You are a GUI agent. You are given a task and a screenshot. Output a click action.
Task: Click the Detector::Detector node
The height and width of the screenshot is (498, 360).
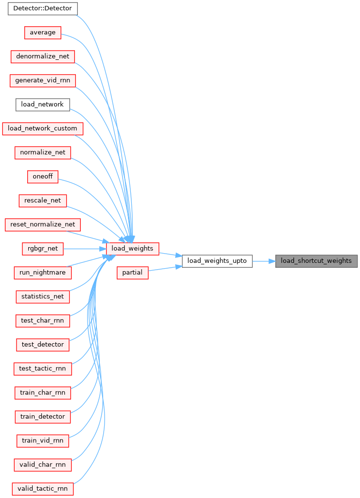pyautogui.click(x=42, y=8)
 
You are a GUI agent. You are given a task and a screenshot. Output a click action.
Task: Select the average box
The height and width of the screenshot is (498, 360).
pyautogui.click(x=42, y=33)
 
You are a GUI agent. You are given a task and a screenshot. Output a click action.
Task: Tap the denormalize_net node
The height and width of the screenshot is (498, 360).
pyautogui.click(x=42, y=56)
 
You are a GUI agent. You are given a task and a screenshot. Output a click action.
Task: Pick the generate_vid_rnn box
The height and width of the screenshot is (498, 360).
pyautogui.click(x=42, y=80)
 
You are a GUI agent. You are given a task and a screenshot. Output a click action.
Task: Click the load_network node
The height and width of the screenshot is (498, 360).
pyautogui.click(x=42, y=105)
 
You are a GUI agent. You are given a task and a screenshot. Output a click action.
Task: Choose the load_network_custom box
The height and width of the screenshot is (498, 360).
pyautogui.click(x=42, y=129)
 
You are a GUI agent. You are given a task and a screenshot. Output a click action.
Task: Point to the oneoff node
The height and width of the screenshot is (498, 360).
pyautogui.click(x=42, y=176)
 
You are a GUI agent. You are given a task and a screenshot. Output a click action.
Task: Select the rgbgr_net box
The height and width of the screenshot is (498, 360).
pyautogui.click(x=42, y=248)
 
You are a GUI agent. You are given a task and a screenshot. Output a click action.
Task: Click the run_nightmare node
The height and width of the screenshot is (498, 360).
pyautogui.click(x=42, y=273)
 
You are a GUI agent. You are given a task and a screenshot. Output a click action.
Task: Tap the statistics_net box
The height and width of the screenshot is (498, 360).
pyautogui.click(x=42, y=296)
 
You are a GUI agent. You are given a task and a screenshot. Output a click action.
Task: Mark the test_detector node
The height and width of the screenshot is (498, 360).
pyautogui.click(x=42, y=345)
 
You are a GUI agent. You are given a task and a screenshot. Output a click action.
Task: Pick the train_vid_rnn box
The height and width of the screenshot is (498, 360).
pyautogui.click(x=42, y=441)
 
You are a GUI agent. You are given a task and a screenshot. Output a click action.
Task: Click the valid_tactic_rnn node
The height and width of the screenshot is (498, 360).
pyautogui.click(x=42, y=488)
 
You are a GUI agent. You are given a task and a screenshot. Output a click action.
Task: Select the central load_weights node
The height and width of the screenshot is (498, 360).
pyautogui.click(x=132, y=248)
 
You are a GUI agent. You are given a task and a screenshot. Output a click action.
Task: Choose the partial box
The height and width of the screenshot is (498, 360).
pyautogui.click(x=132, y=273)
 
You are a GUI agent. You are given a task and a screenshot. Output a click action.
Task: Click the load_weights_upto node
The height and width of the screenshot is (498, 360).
pyautogui.click(x=217, y=261)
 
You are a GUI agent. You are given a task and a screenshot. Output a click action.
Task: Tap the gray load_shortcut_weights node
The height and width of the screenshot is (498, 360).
pyautogui.click(x=316, y=261)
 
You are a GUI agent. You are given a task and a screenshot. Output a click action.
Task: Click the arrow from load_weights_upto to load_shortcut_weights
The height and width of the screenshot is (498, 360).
pyautogui.click(x=264, y=261)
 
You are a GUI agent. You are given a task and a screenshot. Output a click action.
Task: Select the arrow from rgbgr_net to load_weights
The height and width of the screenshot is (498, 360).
pyautogui.click(x=85, y=249)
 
